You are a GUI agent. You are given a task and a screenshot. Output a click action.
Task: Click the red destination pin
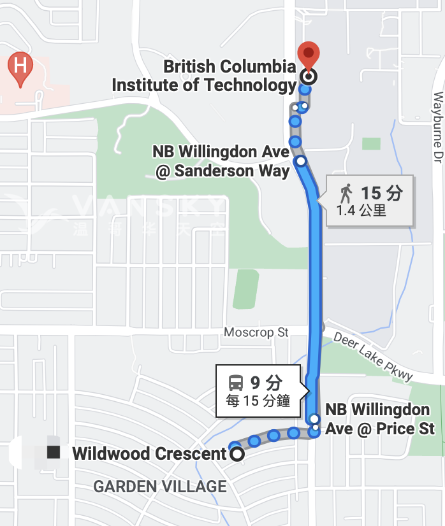click(309, 54)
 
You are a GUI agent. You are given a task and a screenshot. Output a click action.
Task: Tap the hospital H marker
click(20, 66)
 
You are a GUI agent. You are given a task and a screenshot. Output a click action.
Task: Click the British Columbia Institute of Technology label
click(204, 76)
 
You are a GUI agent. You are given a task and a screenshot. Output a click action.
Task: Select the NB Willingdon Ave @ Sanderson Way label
click(221, 162)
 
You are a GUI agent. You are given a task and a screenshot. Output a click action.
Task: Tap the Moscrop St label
click(256, 332)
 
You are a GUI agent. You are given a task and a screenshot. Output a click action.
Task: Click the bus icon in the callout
click(236, 383)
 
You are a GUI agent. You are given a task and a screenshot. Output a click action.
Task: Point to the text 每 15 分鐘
click(258, 401)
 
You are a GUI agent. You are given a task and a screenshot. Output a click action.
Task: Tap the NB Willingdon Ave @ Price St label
click(380, 419)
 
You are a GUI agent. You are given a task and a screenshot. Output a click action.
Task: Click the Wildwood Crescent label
click(149, 454)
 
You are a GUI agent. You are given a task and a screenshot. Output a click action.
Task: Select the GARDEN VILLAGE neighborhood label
click(160, 487)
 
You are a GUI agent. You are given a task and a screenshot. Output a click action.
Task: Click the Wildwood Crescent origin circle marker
click(237, 454)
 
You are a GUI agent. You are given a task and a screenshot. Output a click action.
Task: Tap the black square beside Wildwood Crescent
click(54, 452)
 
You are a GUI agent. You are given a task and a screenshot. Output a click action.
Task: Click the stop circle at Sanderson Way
click(300, 161)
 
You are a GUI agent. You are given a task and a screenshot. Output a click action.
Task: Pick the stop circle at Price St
click(314, 419)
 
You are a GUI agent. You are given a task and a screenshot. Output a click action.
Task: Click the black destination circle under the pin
click(309, 78)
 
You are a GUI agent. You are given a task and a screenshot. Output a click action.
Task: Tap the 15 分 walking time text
click(382, 192)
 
